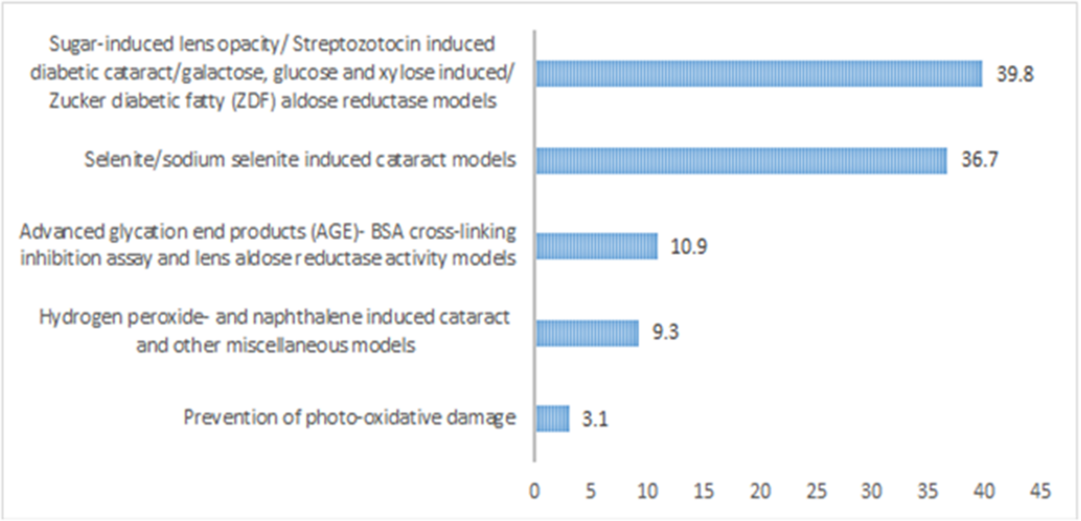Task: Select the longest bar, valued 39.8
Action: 759,74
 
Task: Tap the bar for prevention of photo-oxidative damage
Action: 552,418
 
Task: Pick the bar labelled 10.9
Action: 597,246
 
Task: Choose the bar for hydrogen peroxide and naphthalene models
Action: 587,333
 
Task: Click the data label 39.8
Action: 1015,74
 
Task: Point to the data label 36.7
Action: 979,160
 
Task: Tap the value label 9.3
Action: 665,332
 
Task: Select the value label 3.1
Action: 595,419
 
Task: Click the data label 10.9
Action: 689,246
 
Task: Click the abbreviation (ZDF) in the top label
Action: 253,101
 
